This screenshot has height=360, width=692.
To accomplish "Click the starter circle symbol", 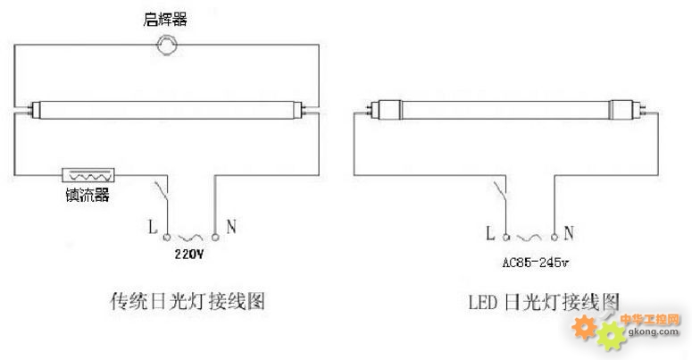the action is [x=167, y=45].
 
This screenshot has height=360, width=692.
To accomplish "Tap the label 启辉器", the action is [x=165, y=20].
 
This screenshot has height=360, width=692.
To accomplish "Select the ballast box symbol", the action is [x=88, y=175].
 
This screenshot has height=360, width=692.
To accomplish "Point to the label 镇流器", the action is [x=88, y=195].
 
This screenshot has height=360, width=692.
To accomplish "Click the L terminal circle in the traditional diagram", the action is [x=167, y=238].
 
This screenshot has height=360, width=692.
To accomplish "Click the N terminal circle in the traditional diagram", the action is [x=215, y=238].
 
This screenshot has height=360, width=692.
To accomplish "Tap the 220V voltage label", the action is [x=189, y=254].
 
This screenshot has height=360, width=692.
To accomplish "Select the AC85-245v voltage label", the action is [x=536, y=263].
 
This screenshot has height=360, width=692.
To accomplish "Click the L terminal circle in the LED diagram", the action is [x=506, y=238].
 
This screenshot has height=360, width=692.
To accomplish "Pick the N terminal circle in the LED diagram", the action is [x=554, y=238].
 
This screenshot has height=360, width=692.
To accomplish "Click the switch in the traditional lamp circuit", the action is [x=162, y=191].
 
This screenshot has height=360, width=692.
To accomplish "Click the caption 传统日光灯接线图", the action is [x=188, y=302].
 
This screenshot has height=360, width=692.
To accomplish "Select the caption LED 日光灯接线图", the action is [x=544, y=302].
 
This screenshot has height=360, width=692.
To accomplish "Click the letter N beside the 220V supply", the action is [x=230, y=227].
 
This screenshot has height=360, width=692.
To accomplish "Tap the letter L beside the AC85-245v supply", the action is [x=490, y=233].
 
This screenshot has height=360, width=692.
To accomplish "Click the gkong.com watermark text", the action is [x=654, y=331].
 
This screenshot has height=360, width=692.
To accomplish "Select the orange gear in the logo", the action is [x=584, y=327].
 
